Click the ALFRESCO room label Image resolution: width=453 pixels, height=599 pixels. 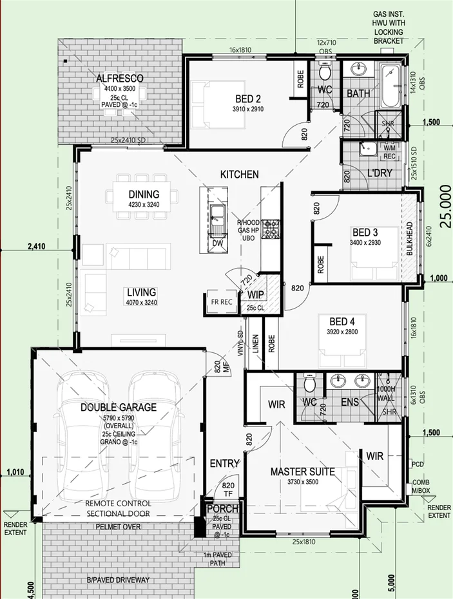click(119, 79)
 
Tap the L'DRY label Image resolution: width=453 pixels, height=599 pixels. click(380, 174)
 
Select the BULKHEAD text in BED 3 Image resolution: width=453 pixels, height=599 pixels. click(409, 240)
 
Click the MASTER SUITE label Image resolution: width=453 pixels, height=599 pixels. click(302, 472)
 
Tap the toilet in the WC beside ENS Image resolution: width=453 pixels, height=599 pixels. click(309, 385)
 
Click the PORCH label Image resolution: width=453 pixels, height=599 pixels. click(222, 509)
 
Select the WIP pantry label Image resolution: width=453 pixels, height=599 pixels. click(255, 294)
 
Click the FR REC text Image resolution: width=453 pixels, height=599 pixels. click(221, 301)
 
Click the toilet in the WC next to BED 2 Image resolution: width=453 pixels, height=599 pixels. click(325, 75)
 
